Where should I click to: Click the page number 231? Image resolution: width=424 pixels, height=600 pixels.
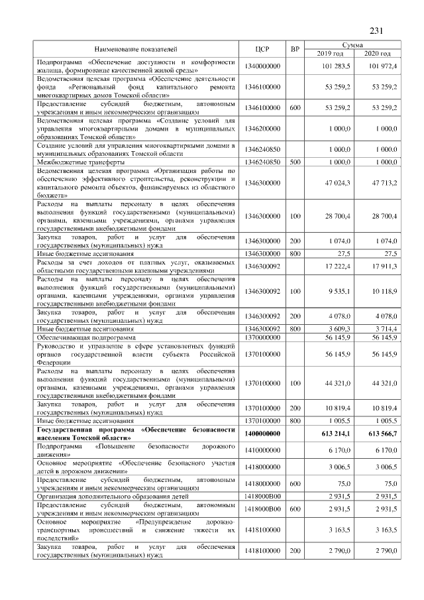tap(376, 30)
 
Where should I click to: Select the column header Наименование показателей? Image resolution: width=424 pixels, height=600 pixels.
tap(136, 50)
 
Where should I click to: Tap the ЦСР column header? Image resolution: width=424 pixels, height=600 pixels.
tap(263, 50)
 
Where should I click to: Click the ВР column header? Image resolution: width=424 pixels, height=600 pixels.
tap(295, 50)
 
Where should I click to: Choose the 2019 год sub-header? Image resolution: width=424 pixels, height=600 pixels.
tap(329, 54)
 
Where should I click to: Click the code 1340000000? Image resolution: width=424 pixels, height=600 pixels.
tap(263, 66)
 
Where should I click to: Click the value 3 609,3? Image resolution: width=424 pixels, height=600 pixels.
tap(340, 328)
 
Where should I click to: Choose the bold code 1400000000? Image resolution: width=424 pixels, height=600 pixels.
tap(263, 434)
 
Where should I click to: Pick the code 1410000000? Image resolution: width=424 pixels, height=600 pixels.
tap(263, 450)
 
